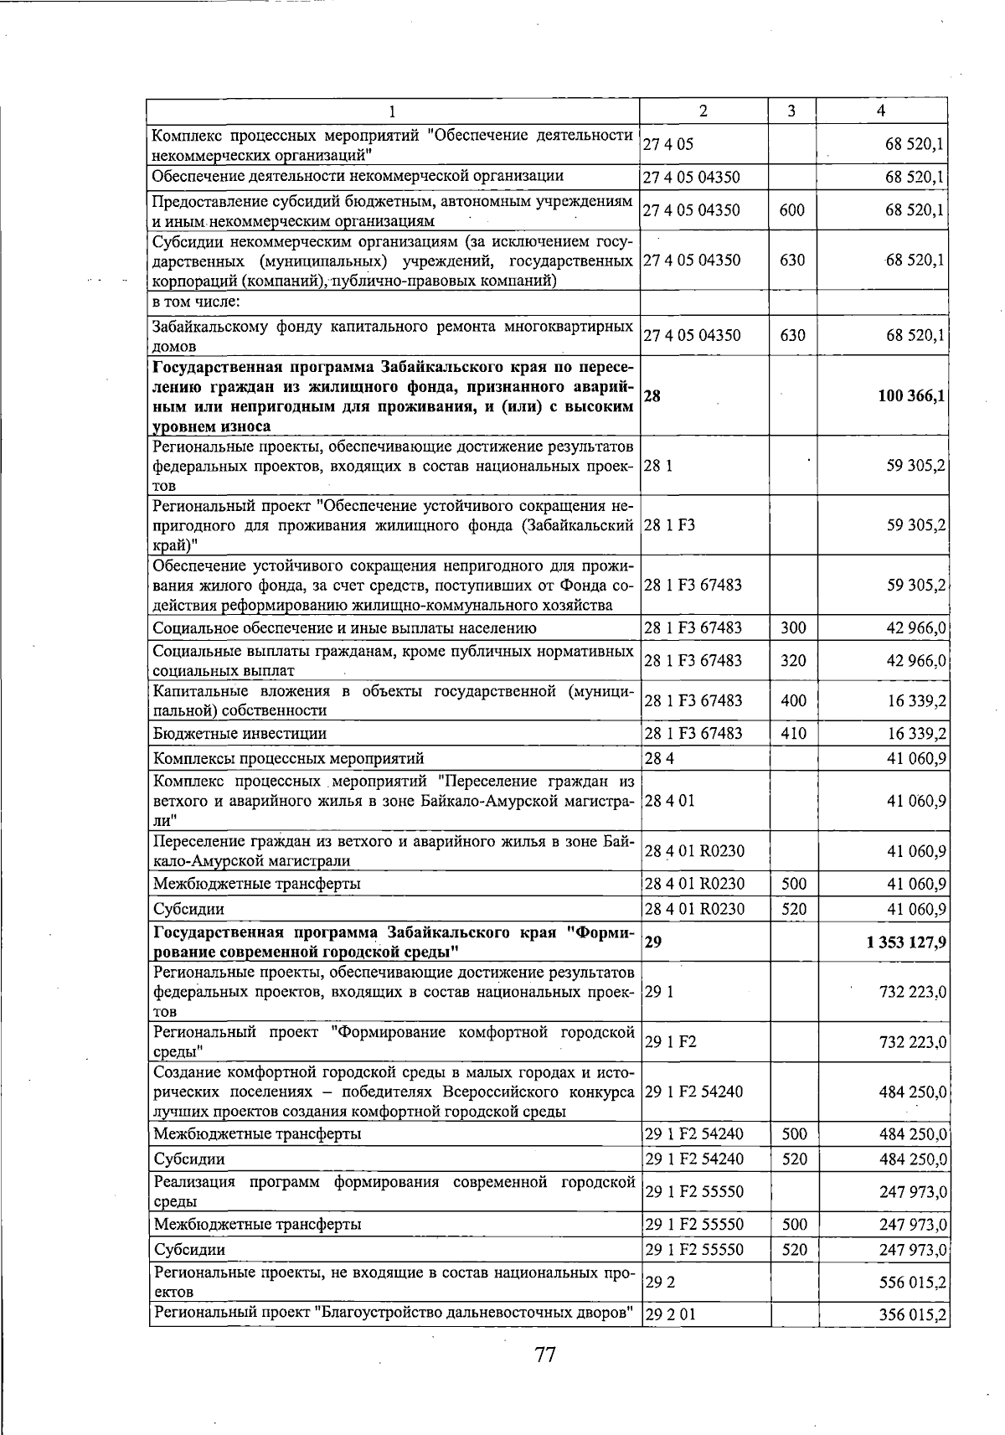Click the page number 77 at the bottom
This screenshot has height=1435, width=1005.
545,1355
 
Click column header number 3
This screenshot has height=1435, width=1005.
791,111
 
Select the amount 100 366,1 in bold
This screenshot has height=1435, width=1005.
912,396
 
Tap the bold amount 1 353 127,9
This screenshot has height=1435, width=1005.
907,942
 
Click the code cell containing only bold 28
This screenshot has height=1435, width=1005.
652,396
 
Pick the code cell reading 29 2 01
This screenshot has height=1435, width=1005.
670,1314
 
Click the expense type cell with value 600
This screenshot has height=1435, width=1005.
791,210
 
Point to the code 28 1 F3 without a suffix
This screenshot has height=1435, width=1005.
670,525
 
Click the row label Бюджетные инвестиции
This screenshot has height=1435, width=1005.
240,733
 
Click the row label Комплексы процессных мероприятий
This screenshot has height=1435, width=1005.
288,759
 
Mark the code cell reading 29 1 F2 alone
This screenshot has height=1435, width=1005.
671,1042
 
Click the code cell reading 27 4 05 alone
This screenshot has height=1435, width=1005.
668,144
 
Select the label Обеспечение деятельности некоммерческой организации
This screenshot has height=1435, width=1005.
358,176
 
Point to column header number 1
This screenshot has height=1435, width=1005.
392,111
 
